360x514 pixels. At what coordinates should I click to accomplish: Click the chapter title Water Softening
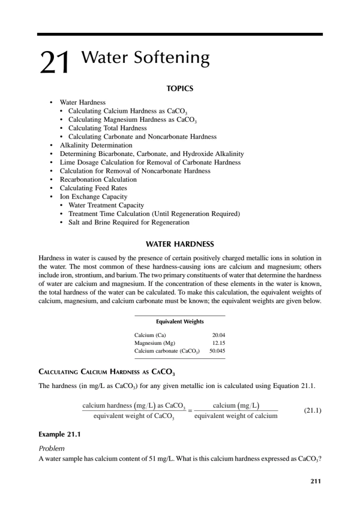(145, 58)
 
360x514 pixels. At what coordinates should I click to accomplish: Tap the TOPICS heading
(180, 88)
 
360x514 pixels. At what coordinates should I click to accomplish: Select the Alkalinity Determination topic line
(96, 145)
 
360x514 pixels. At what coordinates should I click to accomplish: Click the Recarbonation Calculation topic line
(98, 179)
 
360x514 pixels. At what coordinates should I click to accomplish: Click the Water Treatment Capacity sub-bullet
(106, 205)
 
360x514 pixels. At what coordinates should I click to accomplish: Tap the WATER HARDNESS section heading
(180, 244)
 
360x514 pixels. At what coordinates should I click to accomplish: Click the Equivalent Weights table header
(180, 321)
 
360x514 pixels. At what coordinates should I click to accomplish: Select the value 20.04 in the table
(219, 335)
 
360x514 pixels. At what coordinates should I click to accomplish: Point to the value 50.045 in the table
(217, 350)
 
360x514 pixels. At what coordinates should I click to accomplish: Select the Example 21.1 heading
(60, 434)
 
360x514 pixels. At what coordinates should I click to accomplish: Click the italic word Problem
(51, 448)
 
